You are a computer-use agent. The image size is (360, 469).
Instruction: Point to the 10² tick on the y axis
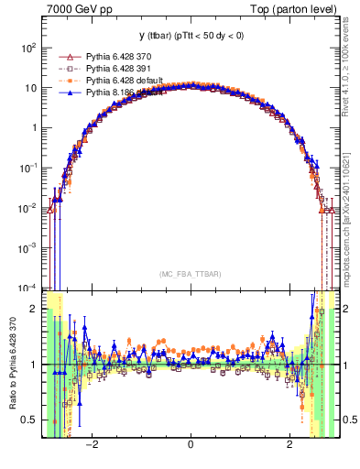[x=29, y=48]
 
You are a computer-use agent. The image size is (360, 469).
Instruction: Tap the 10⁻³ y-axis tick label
[x=29, y=247]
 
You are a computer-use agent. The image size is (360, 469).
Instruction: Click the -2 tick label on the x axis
[x=92, y=445]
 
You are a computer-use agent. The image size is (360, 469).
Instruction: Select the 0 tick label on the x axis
[x=190, y=445]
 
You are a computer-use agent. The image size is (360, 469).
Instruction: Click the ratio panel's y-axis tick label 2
[x=36, y=309]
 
